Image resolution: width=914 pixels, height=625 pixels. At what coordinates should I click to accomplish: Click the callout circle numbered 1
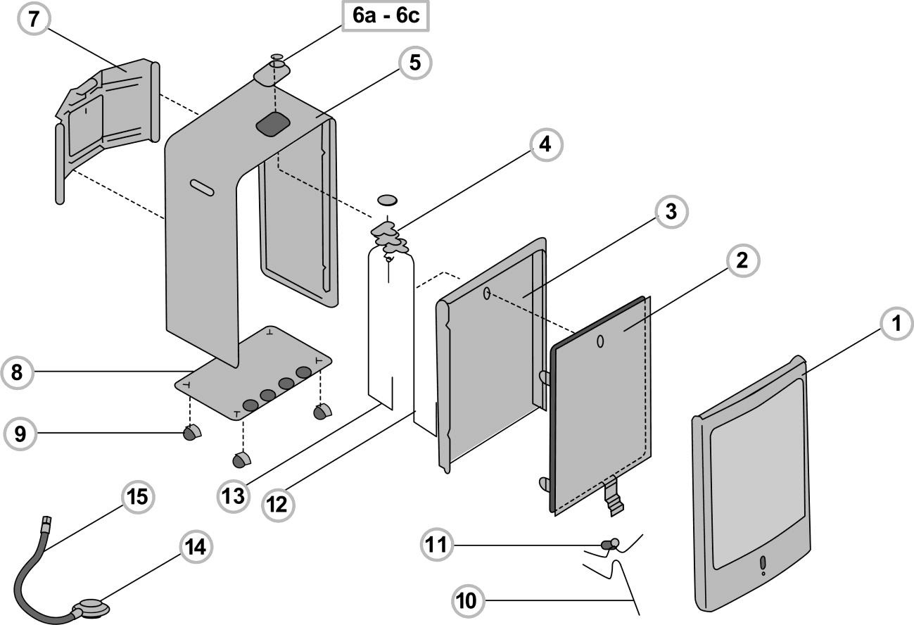tap(896, 325)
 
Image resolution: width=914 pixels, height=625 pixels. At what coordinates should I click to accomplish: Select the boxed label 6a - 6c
tap(386, 15)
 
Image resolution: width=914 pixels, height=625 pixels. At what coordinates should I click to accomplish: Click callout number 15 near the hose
tap(137, 497)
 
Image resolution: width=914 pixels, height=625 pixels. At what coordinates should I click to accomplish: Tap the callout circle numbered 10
tap(466, 600)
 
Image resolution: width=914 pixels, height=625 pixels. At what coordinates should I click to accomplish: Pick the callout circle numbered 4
tap(545, 146)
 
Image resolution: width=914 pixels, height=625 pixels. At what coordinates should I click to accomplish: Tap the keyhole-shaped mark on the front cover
tap(763, 565)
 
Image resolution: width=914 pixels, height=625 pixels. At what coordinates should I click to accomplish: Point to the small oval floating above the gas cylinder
tap(388, 201)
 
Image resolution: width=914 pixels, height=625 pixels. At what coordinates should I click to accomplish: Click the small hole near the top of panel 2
tap(600, 341)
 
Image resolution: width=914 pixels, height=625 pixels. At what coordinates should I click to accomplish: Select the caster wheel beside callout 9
tap(191, 433)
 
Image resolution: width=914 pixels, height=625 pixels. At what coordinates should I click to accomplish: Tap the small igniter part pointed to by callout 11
tap(609, 543)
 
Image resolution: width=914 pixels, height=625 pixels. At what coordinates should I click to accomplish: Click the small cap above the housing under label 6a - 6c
tap(277, 58)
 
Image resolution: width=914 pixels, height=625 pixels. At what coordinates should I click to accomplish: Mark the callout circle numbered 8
tap(17, 372)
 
